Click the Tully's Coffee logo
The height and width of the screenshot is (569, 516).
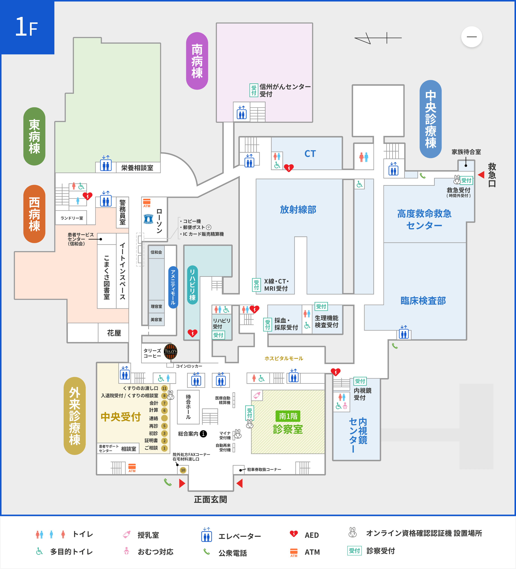(170, 351)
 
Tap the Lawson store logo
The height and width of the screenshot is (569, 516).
(148, 219)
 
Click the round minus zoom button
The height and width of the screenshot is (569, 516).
(471, 37)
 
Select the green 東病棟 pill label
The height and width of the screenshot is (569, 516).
(34, 136)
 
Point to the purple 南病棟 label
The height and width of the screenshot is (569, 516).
(197, 61)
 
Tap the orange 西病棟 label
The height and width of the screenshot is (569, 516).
(34, 214)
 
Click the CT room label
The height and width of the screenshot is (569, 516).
(310, 154)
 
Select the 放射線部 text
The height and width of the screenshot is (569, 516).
(298, 210)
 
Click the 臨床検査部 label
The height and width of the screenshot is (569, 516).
(423, 301)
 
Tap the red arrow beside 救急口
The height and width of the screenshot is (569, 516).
(481, 175)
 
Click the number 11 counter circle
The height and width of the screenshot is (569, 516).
(164, 388)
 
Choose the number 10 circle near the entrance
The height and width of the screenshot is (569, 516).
(183, 470)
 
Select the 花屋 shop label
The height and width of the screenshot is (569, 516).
(114, 333)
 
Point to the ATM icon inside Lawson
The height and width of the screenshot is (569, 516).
(147, 203)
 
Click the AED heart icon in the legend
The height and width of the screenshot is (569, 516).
(294, 534)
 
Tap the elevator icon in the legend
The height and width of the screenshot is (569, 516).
(206, 535)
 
